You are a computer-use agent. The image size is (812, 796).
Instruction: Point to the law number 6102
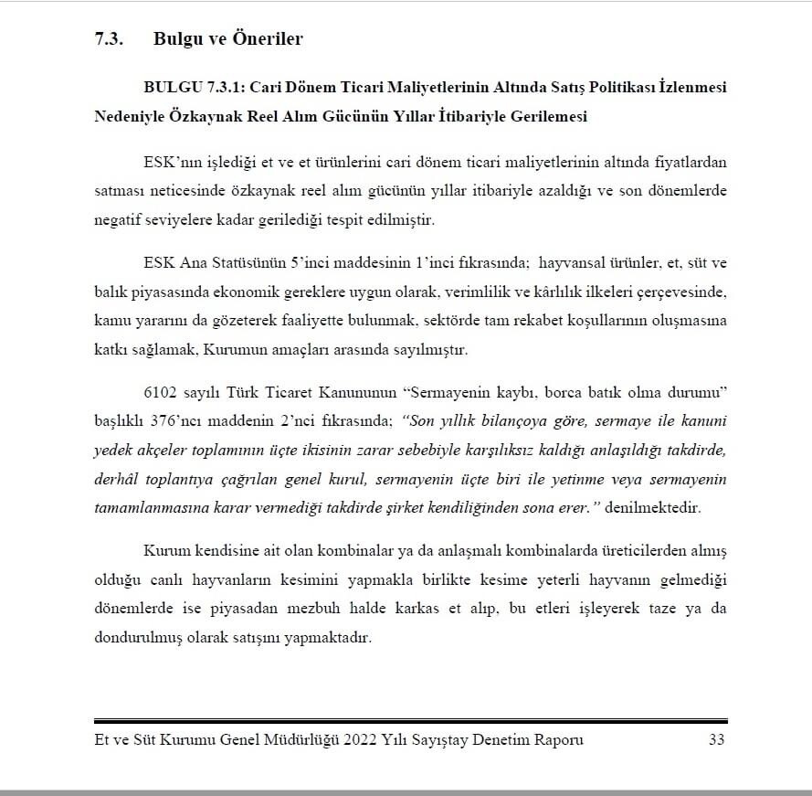(x=161, y=394)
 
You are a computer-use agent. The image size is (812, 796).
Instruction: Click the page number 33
(x=716, y=739)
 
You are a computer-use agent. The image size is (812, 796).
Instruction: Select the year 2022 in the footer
(x=363, y=739)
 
